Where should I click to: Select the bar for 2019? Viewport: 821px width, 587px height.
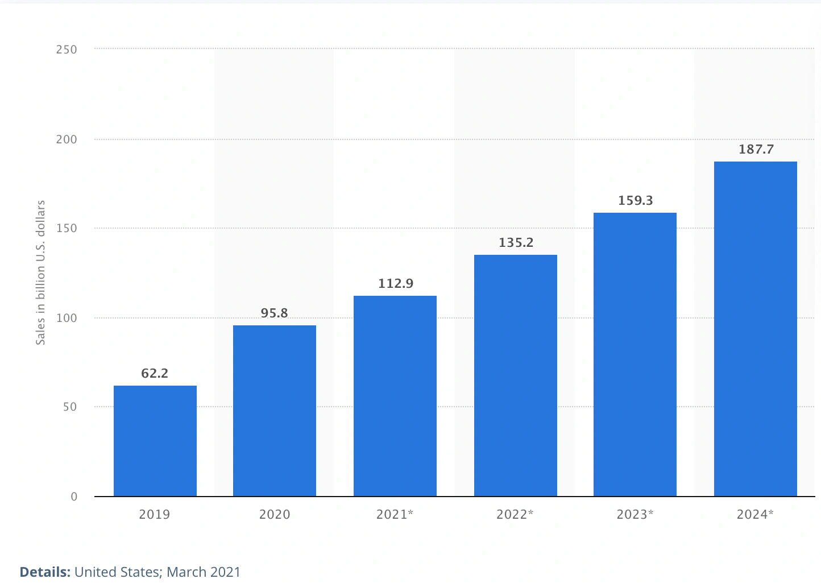click(x=155, y=441)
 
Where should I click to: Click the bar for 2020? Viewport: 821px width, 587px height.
click(x=275, y=411)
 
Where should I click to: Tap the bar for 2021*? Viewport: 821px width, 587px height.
click(x=395, y=396)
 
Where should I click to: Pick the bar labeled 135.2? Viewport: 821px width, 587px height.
click(x=516, y=375)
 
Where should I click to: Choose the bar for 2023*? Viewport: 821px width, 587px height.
click(x=635, y=354)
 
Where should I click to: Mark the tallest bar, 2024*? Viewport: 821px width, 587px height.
click(x=756, y=329)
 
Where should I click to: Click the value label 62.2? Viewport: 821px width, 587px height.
click(x=155, y=373)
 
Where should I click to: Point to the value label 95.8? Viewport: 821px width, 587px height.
click(x=275, y=313)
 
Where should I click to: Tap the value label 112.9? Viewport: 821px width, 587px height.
click(x=396, y=283)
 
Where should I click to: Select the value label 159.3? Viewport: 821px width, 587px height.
click(x=636, y=200)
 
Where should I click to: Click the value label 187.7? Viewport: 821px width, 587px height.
click(x=756, y=149)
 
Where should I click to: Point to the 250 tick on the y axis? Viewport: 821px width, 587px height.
click(x=67, y=49)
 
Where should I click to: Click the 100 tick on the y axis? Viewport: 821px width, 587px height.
click(x=67, y=318)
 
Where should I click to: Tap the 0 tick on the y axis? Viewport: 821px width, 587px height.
click(x=74, y=497)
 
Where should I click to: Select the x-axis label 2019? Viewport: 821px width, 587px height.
click(x=155, y=514)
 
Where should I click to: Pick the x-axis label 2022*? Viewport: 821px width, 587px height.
click(x=515, y=514)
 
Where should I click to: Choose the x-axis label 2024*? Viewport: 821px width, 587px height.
click(x=756, y=514)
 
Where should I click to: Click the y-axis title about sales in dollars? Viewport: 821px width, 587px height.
click(x=40, y=272)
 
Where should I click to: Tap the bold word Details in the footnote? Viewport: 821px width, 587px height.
click(x=45, y=572)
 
